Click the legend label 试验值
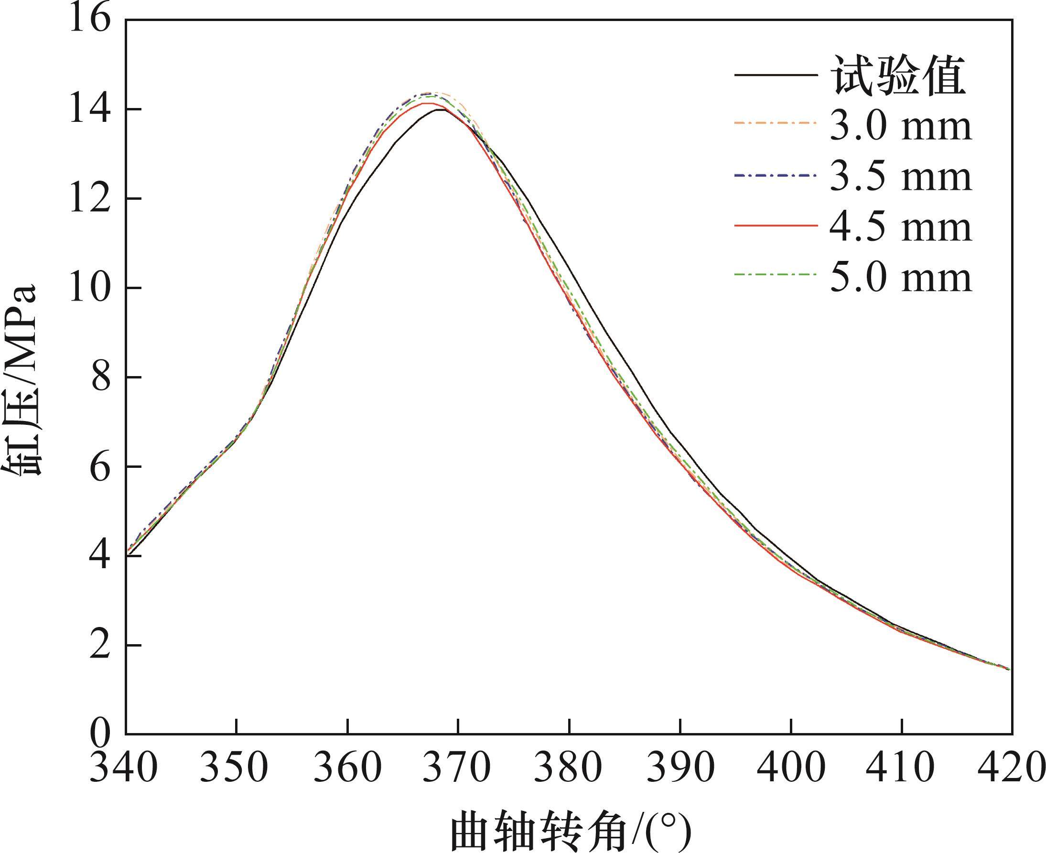click(898, 76)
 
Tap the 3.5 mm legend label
click(901, 176)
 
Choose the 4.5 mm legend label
click(901, 227)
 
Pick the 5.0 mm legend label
click(901, 278)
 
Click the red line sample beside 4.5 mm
click(776, 226)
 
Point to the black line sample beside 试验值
click(776, 75)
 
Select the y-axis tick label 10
click(88, 289)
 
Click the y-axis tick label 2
click(100, 646)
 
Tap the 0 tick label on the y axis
click(100, 734)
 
